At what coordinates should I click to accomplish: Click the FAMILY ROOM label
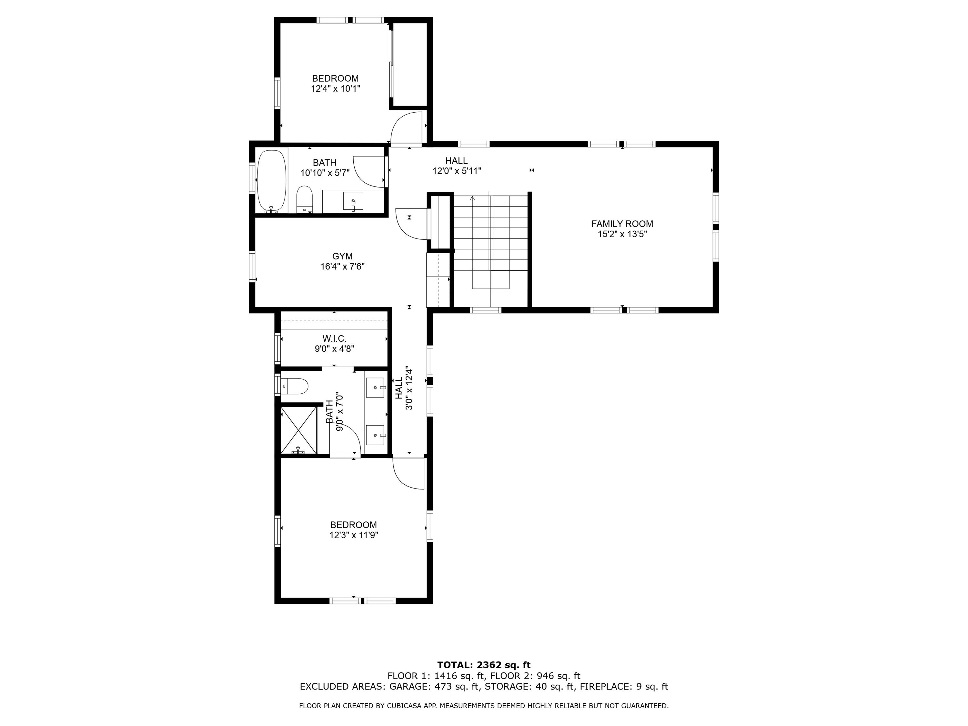622,224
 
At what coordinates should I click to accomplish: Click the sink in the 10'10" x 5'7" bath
353,201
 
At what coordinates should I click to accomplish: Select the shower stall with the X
298,430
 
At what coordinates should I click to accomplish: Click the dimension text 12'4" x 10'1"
335,89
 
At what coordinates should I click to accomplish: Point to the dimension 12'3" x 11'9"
354,535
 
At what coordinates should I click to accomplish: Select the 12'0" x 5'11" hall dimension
457,171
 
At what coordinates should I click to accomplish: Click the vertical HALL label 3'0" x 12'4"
404,388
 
